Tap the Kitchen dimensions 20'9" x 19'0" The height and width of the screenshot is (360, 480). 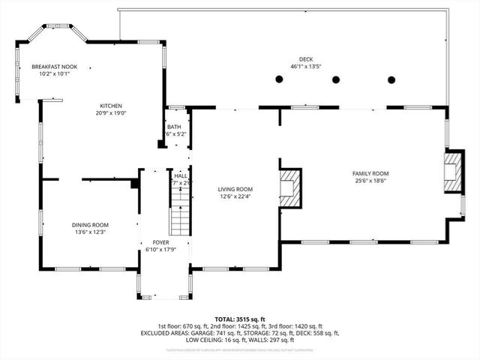coord(112,114)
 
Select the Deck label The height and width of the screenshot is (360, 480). coord(305,58)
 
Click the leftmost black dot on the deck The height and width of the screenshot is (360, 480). coord(279,79)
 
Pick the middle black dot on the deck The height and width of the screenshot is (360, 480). coord(335,79)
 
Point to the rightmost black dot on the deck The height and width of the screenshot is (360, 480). coord(391,79)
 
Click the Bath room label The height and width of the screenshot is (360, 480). coord(174,127)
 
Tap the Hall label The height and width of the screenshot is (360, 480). coord(180,175)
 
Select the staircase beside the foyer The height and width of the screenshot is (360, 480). coord(180,212)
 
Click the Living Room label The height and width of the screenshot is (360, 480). coord(235,189)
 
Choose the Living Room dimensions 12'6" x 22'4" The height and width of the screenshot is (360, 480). coord(235,197)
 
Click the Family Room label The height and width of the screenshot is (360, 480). coord(370,173)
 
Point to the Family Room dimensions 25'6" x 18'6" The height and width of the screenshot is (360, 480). coord(370,181)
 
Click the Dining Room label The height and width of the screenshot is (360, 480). coord(90,225)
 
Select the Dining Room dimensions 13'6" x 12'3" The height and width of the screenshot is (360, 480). coord(90,233)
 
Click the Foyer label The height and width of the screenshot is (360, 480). coord(160,243)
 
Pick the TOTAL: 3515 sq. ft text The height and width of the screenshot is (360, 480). coord(239,319)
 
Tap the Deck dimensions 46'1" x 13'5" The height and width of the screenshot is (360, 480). coord(305,66)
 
